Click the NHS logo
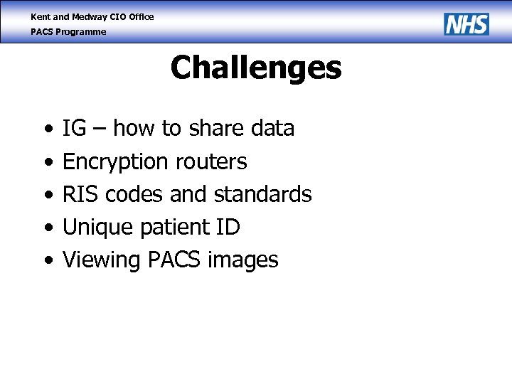pyautogui.click(x=466, y=24)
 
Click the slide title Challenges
pyautogui.click(x=256, y=68)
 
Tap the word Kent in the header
pyautogui.click(x=41, y=16)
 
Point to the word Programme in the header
pyautogui.click(x=82, y=32)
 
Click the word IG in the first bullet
pyautogui.click(x=75, y=129)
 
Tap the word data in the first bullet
pyautogui.click(x=273, y=129)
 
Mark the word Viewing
pyautogui.click(x=102, y=260)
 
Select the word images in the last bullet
pyautogui.click(x=242, y=260)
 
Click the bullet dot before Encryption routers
pyautogui.click(x=47, y=163)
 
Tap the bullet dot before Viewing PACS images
pyautogui.click(x=47, y=261)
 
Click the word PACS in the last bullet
pyautogui.click(x=174, y=260)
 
